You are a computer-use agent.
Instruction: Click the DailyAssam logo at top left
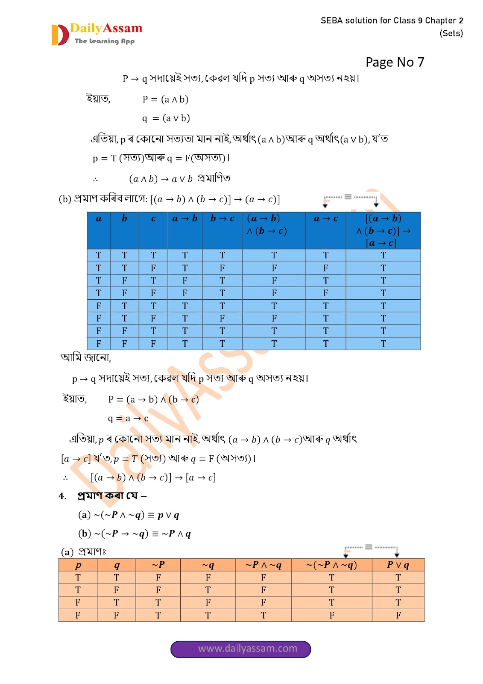click(97, 34)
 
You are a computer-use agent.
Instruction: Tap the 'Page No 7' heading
click(395, 62)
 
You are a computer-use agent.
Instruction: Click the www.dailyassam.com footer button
click(241, 649)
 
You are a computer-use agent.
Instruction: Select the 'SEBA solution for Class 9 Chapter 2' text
click(392, 21)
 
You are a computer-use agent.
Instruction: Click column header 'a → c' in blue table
click(325, 218)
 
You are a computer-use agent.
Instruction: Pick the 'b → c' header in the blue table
click(222, 218)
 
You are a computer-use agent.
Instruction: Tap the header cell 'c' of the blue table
click(153, 218)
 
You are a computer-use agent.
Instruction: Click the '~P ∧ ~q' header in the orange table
click(263, 565)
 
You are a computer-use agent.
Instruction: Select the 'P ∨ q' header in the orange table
click(398, 565)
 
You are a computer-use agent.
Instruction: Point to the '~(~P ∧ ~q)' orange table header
click(331, 565)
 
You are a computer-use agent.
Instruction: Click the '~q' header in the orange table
click(208, 565)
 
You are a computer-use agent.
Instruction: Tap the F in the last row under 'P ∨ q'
click(398, 615)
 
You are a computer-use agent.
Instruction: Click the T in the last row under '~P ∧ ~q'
click(263, 615)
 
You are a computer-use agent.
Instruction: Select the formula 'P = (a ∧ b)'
click(165, 100)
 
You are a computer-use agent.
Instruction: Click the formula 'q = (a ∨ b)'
click(166, 118)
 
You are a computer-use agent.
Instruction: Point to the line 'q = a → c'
click(128, 419)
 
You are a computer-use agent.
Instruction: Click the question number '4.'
click(62, 496)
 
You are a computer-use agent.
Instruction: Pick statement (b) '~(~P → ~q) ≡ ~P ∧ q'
click(135, 534)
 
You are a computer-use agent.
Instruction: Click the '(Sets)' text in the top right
click(451, 33)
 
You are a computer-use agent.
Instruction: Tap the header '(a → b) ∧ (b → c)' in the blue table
click(267, 225)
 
